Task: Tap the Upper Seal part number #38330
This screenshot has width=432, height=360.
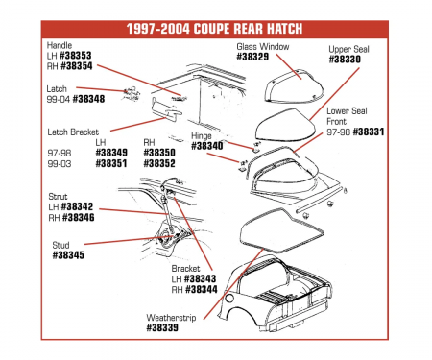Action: (344, 59)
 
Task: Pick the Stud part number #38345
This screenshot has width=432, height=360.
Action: (66, 255)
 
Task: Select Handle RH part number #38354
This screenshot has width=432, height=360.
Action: (69, 66)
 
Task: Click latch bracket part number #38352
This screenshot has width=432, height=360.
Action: (159, 163)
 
